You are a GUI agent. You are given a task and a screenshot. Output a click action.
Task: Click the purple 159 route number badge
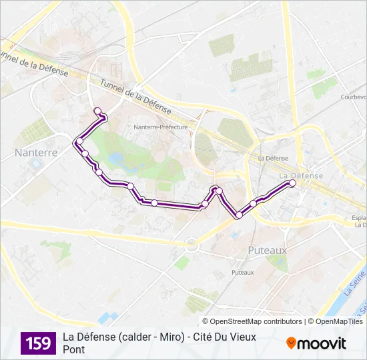click(39, 343)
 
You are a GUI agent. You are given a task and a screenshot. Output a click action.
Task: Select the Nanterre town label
click(36, 152)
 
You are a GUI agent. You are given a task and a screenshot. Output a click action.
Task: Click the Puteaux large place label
click(267, 250)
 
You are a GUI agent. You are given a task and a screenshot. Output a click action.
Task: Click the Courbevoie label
click(354, 97)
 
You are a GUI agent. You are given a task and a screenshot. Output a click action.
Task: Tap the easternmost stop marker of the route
click(292, 183)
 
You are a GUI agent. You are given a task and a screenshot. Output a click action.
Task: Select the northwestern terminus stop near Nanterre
click(98, 111)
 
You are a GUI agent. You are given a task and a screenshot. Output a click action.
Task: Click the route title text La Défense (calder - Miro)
click(123, 337)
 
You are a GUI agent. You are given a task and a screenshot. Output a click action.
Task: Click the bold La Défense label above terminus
click(300, 175)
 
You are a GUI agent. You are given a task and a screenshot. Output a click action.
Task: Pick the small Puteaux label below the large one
click(242, 272)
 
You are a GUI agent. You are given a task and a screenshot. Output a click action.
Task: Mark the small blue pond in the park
click(117, 159)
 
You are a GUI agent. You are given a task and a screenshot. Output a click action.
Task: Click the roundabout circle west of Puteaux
click(192, 245)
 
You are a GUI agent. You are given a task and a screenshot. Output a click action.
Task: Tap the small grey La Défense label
click(272, 158)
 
